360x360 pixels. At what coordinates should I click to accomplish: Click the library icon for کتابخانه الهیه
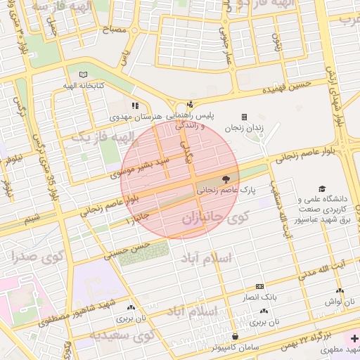84,75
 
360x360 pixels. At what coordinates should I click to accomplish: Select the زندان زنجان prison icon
244,117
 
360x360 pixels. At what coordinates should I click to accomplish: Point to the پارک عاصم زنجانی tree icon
226,179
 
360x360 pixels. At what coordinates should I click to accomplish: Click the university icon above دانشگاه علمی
322,189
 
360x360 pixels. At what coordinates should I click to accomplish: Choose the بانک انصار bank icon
259,287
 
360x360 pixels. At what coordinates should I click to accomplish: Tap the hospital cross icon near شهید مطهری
354,338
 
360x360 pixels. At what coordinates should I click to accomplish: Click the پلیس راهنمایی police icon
189,105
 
